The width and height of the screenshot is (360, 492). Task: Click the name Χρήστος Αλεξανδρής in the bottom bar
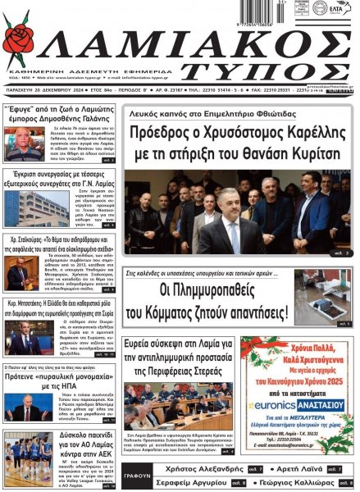click(x=194, y=468)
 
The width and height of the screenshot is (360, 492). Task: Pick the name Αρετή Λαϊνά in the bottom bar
click(x=306, y=468)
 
